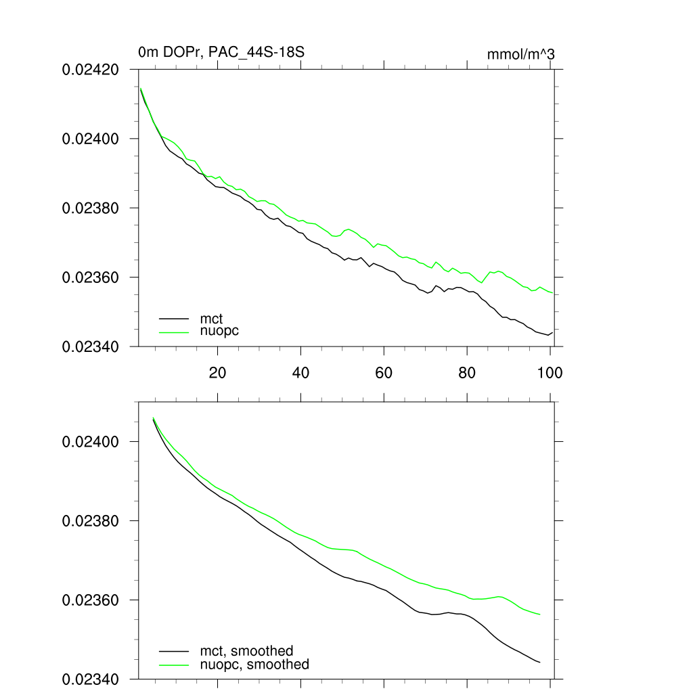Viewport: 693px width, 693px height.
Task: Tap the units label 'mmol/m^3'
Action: [x=520, y=54]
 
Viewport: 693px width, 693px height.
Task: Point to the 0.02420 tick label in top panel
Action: [x=91, y=69]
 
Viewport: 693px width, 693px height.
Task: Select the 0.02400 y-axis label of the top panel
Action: [x=91, y=139]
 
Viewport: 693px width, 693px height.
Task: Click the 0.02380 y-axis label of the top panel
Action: [x=91, y=208]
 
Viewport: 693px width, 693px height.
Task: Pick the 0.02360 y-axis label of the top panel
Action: [x=91, y=277]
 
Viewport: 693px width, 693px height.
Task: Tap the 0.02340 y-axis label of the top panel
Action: [x=91, y=346]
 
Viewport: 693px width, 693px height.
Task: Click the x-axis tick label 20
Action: [x=217, y=373]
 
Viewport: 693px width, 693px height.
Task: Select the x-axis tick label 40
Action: [x=300, y=373]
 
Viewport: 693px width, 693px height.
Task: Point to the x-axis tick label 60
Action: [x=384, y=373]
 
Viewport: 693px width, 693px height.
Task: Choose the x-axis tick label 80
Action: [x=467, y=373]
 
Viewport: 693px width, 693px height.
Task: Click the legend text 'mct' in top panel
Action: [x=211, y=318]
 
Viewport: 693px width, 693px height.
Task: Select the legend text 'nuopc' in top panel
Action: [x=220, y=331]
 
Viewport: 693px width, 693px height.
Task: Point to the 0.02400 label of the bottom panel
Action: [x=91, y=442]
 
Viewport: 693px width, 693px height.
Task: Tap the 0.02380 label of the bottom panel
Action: [x=91, y=521]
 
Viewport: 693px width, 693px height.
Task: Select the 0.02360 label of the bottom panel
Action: [x=91, y=600]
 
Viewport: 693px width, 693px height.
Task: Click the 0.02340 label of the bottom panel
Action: [x=91, y=679]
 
